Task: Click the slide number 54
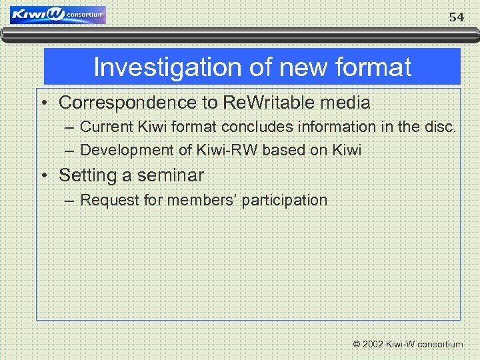[456, 17]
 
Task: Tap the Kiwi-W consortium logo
[58, 15]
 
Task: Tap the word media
[345, 103]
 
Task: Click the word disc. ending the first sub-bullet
[441, 126]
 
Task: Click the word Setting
[85, 175]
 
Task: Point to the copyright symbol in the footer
[356, 344]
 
